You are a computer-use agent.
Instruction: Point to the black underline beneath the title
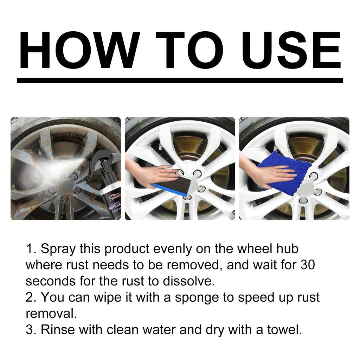pyautogui.click(x=180, y=80)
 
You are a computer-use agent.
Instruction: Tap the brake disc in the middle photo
pyautogui.click(x=190, y=148)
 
